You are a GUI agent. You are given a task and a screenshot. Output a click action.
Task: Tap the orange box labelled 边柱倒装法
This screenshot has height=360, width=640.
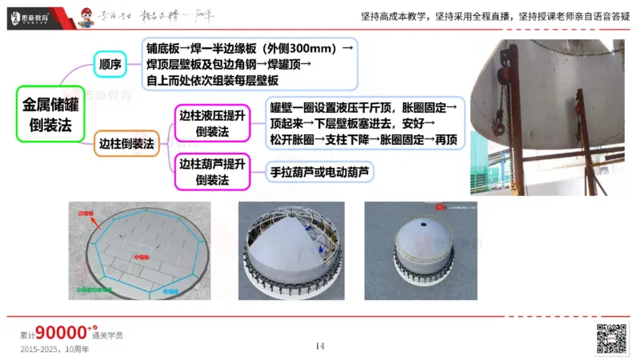126,143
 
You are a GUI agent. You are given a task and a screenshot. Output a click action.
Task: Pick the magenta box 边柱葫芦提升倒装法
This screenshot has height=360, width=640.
212,171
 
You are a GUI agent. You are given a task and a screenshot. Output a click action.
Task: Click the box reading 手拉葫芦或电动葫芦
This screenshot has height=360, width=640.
321,170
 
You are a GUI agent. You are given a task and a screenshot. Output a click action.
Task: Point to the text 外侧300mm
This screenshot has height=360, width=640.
300,48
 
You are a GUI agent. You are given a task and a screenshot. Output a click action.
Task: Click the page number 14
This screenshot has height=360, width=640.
320,346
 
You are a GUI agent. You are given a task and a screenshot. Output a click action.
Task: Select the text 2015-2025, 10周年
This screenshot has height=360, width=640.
54,350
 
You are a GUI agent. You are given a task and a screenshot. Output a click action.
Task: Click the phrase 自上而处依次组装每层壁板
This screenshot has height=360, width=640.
212,80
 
